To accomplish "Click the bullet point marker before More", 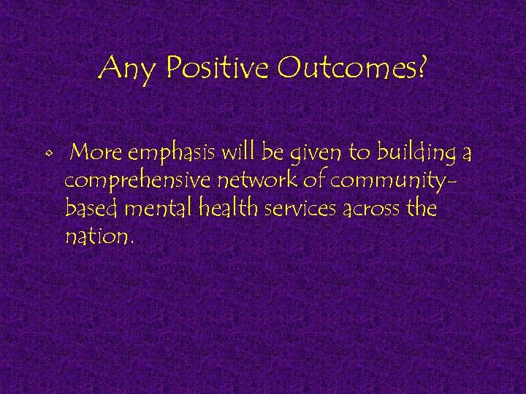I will [48, 155].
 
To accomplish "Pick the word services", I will [300, 210].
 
